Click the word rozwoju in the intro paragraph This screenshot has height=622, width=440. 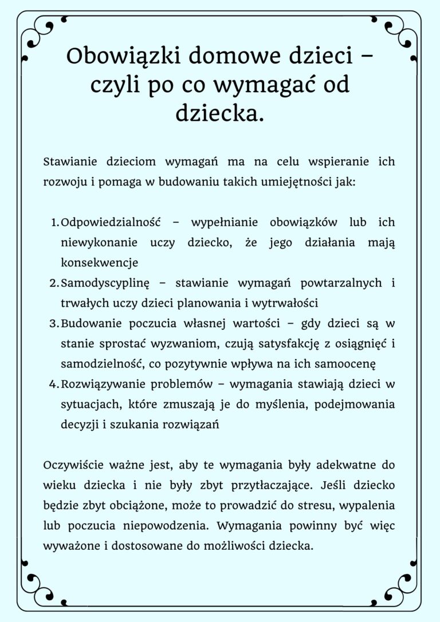click(x=64, y=183)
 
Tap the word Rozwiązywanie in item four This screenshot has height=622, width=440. click(x=103, y=384)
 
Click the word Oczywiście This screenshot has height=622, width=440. click(x=75, y=464)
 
